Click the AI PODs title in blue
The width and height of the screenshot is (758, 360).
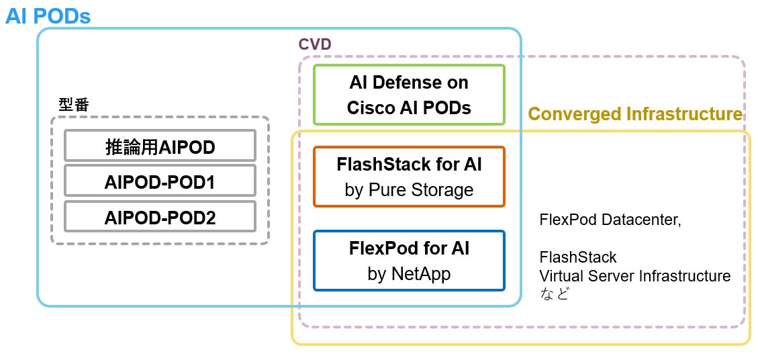click(48, 16)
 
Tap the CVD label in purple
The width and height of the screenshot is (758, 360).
click(315, 44)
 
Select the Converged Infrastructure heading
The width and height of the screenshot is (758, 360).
click(635, 114)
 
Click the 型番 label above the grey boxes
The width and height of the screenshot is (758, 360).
click(74, 105)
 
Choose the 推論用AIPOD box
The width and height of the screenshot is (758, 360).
click(160, 146)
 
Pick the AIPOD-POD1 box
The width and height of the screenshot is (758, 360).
click(160, 181)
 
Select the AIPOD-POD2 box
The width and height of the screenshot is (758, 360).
click(160, 217)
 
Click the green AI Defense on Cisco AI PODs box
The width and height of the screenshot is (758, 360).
click(409, 95)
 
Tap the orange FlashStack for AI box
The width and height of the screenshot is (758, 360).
click(409, 177)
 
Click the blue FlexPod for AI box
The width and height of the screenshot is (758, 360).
click(409, 261)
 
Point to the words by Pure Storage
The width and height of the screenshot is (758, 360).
click(409, 190)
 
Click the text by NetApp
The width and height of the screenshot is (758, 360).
click(409, 274)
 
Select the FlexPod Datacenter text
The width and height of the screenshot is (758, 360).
click(610, 220)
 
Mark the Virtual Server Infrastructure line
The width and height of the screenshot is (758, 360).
click(635, 276)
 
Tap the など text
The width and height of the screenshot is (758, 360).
click(554, 294)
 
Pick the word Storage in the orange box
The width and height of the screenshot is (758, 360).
click(443, 190)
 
